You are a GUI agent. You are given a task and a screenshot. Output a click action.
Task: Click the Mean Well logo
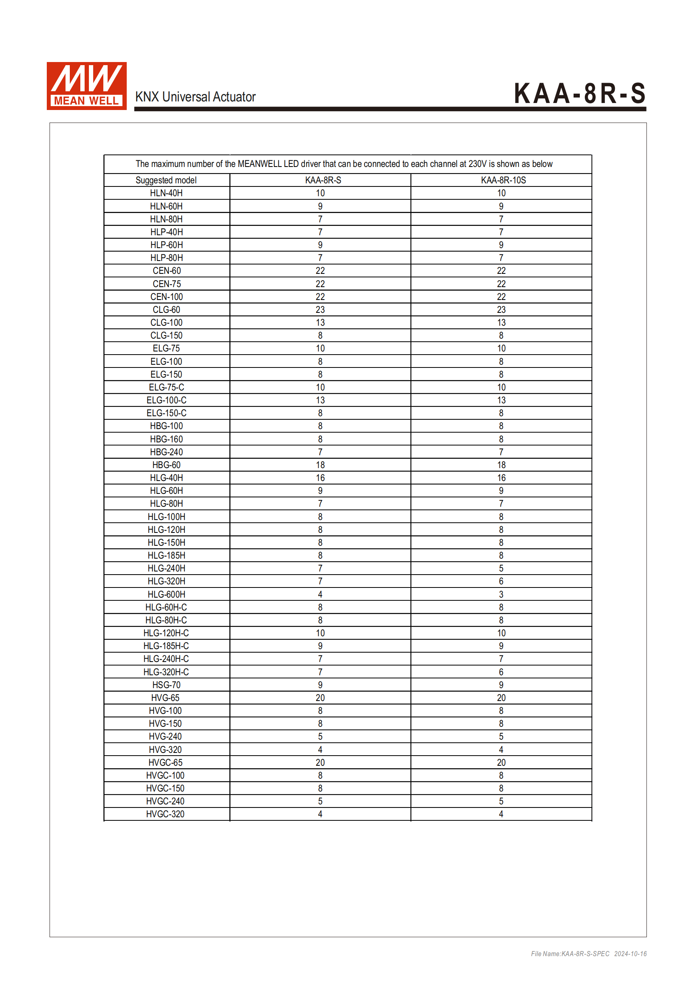87,86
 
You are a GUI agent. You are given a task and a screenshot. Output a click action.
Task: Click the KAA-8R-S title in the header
579,94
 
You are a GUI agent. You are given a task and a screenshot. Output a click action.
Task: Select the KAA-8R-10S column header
503,180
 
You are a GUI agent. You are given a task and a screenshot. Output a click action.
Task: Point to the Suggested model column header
166,180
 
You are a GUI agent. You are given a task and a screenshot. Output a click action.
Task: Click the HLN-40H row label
166,193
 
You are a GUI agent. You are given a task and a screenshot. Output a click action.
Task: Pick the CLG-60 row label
166,310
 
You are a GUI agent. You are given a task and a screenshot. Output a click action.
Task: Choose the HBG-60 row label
166,465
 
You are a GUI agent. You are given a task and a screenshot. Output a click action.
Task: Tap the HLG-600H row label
166,594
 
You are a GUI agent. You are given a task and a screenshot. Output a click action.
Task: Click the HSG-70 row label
166,685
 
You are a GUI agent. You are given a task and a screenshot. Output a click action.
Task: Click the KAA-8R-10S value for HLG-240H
501,568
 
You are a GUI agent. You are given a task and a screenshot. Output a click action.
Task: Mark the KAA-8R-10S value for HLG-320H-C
501,672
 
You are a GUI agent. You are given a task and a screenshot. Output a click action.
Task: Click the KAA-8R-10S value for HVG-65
501,697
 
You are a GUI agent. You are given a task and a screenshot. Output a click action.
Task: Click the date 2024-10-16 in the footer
630,954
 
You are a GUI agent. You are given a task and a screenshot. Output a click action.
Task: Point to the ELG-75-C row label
166,387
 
